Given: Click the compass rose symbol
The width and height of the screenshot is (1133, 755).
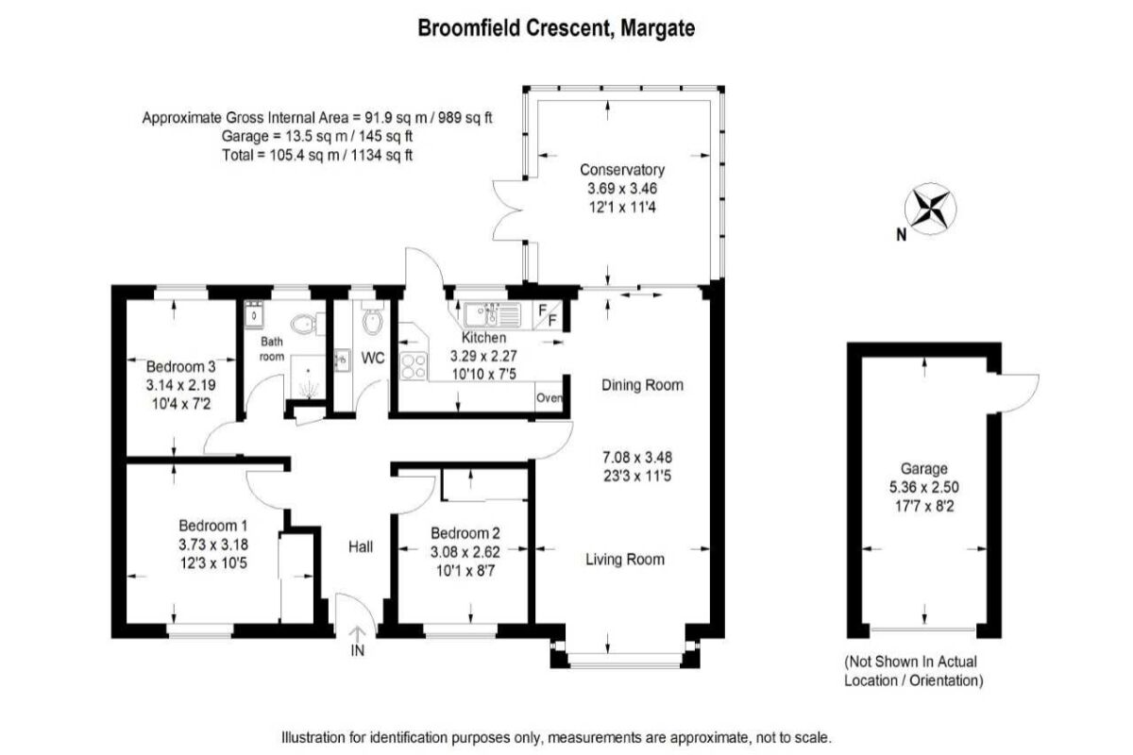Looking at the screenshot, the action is tap(930, 210).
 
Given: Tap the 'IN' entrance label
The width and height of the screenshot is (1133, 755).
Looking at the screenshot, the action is tap(357, 651).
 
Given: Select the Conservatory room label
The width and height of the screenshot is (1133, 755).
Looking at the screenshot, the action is tap(622, 170).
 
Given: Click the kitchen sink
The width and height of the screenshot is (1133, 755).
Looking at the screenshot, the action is tap(492, 314).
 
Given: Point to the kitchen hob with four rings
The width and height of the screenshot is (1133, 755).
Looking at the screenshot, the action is tap(414, 365).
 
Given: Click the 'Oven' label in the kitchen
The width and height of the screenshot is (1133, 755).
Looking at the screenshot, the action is tap(549, 398).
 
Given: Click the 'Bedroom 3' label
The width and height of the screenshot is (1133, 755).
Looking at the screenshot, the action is tap(180, 366).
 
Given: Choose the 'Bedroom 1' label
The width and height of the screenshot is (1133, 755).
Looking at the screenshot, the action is tap(213, 526).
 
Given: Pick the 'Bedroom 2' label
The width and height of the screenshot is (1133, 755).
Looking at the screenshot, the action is tap(465, 533).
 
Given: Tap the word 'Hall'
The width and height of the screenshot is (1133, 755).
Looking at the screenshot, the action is tap(361, 546).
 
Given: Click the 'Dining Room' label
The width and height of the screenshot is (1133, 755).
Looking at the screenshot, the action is tap(642, 385).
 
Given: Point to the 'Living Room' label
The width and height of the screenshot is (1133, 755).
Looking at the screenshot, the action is tap(625, 560).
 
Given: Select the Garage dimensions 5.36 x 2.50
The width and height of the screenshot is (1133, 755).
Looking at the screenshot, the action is tap(924, 487).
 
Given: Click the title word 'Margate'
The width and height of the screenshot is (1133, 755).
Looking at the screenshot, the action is tap(657, 28).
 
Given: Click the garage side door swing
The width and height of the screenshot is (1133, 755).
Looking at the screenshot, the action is tap(1018, 394).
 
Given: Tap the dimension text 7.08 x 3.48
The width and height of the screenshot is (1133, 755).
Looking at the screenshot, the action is tap(637, 458).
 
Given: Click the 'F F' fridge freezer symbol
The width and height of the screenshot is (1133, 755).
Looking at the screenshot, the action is tap(548, 315).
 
